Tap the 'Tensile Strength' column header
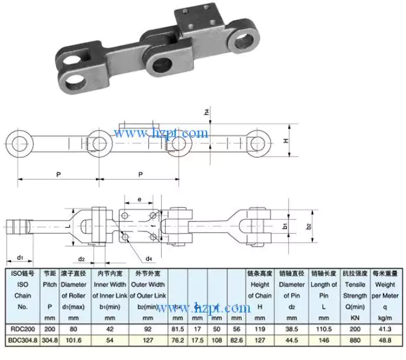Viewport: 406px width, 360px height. click(355, 290)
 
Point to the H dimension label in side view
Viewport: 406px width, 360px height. click(286, 140)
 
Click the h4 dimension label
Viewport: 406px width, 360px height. click(207, 112)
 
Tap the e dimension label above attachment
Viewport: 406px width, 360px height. click(139, 199)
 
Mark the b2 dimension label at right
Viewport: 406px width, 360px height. click(308, 226)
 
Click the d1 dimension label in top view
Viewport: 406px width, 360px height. click(20, 257)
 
